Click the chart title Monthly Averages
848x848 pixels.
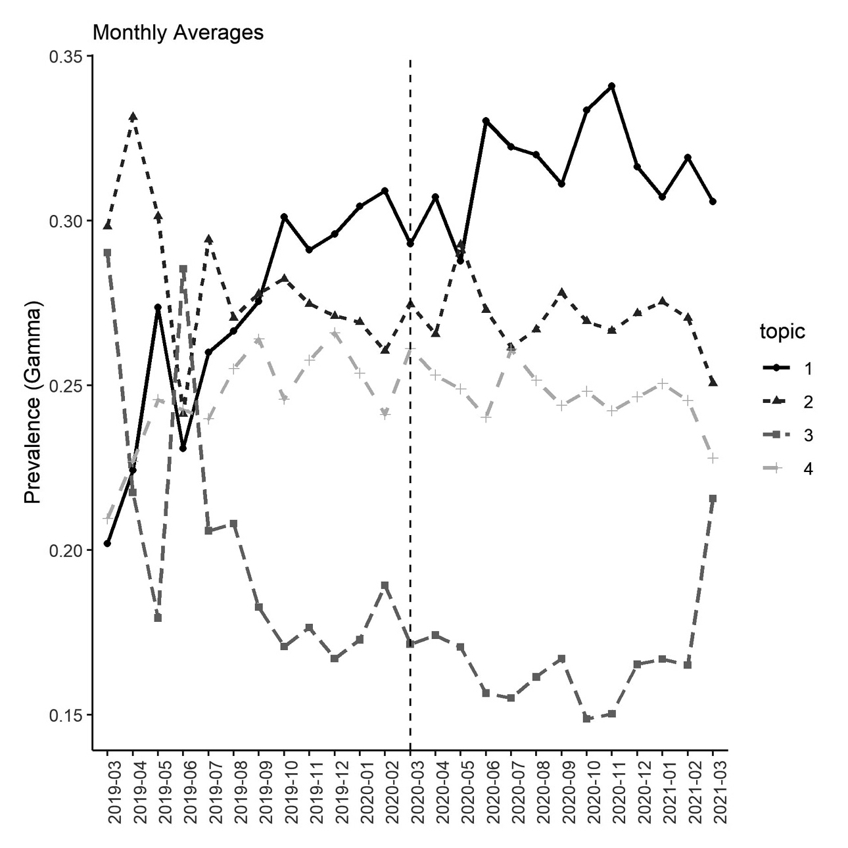(x=177, y=32)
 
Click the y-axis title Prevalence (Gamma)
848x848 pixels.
(x=33, y=402)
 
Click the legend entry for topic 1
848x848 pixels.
(x=786, y=369)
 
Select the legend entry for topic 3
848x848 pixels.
(x=786, y=435)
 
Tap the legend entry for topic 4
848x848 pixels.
(x=786, y=469)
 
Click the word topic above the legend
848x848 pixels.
(x=782, y=332)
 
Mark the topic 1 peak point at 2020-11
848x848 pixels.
(x=612, y=85)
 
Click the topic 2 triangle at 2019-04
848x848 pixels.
(x=133, y=116)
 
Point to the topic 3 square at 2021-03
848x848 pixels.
(x=713, y=498)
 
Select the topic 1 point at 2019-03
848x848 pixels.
(x=107, y=543)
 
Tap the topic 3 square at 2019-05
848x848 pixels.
(x=158, y=618)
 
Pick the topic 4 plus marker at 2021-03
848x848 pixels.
(x=713, y=458)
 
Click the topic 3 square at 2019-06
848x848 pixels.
(x=183, y=269)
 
